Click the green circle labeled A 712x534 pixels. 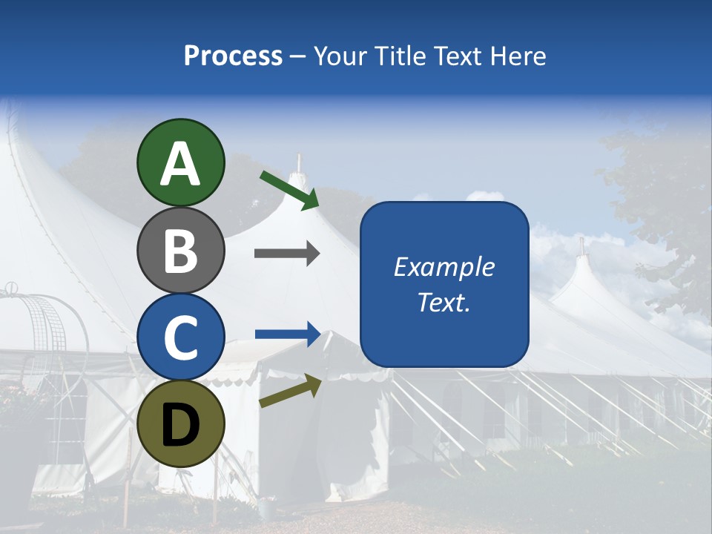coord(180,162)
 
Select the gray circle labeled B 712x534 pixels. coord(180,250)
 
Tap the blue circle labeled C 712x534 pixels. coord(180,337)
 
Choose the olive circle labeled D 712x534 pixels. coord(180,423)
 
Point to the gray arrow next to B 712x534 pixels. coord(287,254)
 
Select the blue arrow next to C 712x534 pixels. coord(288,334)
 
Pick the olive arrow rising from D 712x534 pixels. coord(290,392)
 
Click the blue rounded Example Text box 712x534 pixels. coord(444,284)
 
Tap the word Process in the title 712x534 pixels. coord(233,56)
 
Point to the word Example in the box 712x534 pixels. coord(444,267)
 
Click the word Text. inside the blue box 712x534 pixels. coord(444,302)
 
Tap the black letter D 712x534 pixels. coord(180,424)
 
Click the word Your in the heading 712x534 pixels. coord(338,56)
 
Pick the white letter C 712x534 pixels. coord(180,337)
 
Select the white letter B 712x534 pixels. coord(180,251)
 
